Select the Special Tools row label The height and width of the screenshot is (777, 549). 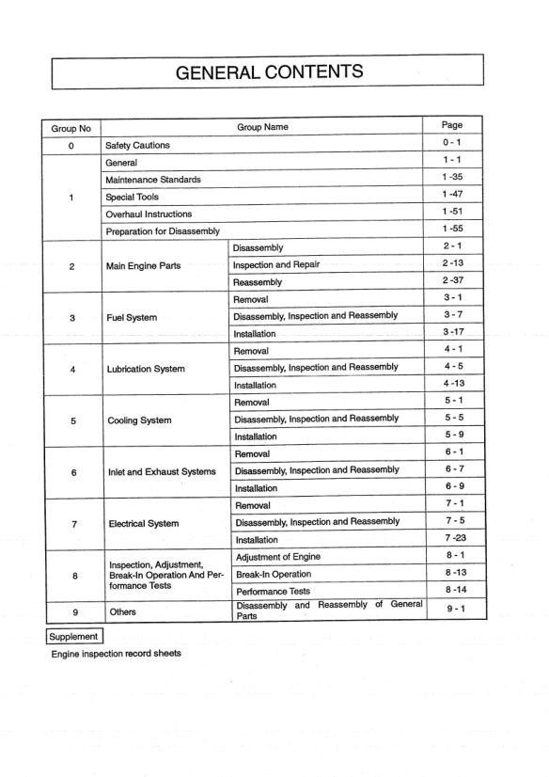[133, 197]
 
